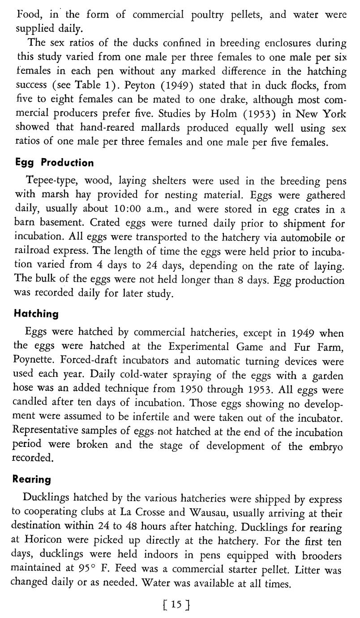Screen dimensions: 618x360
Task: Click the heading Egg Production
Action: click(x=55, y=162)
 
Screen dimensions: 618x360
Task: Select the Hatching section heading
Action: click(x=37, y=313)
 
